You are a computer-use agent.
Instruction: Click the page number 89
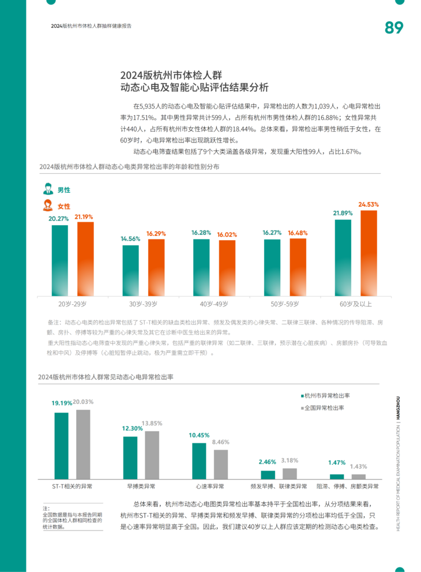pos(394,28)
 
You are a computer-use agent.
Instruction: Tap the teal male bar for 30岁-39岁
pos(130,270)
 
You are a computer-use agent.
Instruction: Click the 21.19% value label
pos(84,217)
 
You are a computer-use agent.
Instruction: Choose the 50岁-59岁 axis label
pos(284,304)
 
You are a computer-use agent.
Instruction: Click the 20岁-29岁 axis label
pos(72,304)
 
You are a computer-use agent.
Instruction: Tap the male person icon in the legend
pos(48,189)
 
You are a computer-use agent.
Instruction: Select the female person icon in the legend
pos(48,205)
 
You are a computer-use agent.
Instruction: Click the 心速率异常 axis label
pos(210,486)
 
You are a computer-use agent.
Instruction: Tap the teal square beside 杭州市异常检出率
pos(302,396)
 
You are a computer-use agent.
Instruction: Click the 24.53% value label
pos(369,204)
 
